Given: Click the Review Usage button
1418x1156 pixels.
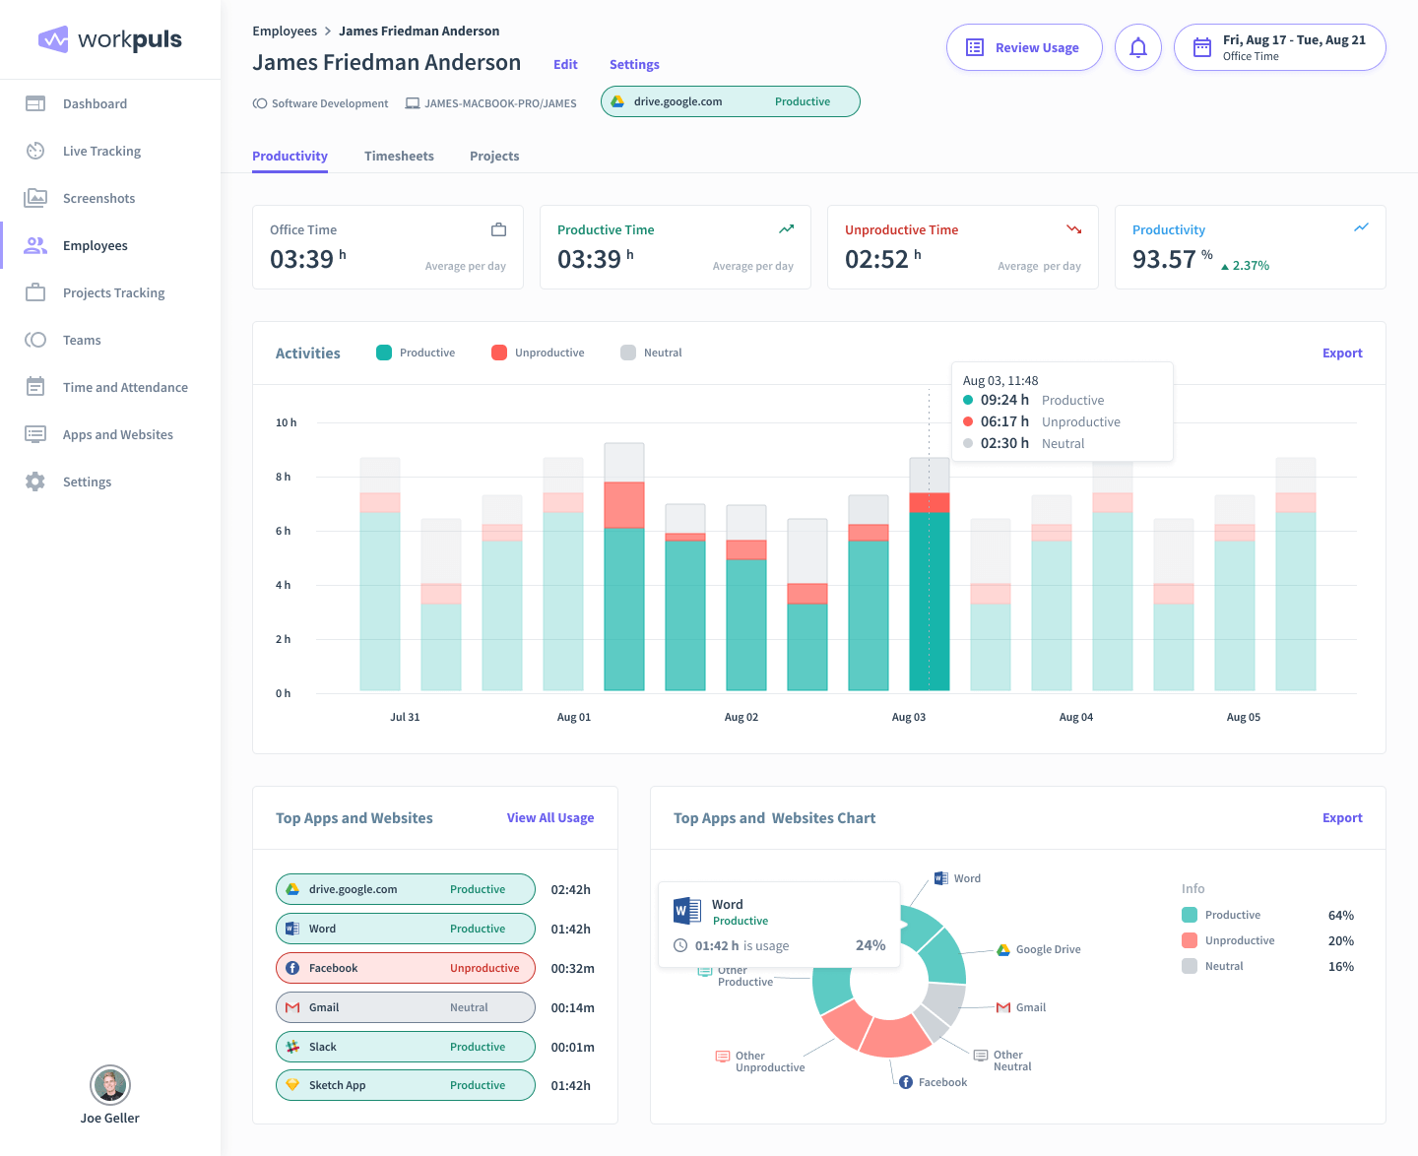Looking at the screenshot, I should [1024, 47].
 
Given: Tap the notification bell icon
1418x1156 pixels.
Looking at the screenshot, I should [1138, 47].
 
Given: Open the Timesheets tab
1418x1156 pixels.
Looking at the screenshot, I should [399, 156].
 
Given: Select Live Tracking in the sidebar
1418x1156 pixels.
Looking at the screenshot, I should [101, 151].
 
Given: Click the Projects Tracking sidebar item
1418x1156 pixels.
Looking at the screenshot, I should [113, 292].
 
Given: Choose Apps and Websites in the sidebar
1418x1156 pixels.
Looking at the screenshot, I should [117, 434].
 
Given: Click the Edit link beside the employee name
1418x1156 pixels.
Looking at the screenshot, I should [565, 64].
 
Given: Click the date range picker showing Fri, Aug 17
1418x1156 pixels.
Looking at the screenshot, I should [1279, 47].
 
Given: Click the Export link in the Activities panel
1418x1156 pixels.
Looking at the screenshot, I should [1341, 353].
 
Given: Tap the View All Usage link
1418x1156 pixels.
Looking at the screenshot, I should [549, 817].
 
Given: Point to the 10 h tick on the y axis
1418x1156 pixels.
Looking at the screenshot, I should [286, 422].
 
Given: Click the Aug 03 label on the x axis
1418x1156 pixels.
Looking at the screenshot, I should [908, 717].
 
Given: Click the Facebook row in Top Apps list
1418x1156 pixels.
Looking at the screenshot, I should [405, 968].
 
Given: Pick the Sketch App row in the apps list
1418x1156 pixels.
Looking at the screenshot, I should [405, 1085].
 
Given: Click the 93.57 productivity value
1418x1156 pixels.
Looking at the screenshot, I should [1163, 259].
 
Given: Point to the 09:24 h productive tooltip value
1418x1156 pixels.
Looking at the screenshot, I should [1003, 400].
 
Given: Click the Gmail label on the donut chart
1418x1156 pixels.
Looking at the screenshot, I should [1030, 1007].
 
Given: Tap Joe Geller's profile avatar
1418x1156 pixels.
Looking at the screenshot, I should [110, 1085].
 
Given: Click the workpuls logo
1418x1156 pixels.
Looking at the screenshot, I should [110, 39].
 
